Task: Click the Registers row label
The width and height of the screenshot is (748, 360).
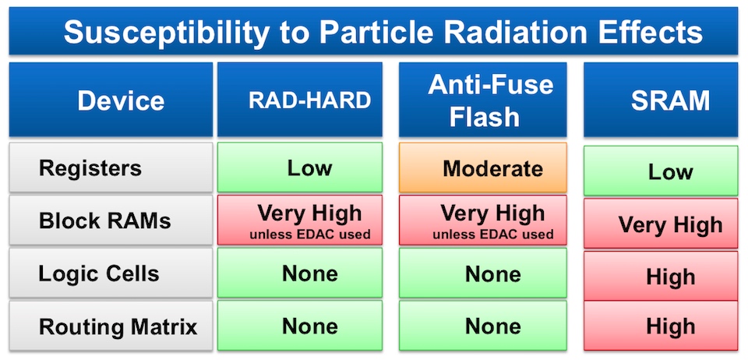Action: [111, 168]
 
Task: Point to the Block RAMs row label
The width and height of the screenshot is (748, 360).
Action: [111, 220]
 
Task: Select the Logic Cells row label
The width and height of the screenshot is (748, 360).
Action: [111, 274]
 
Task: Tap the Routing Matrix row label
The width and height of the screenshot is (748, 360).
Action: [111, 326]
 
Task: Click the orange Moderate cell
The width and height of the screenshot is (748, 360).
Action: [483, 168]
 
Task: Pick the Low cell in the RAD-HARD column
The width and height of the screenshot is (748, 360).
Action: [299, 168]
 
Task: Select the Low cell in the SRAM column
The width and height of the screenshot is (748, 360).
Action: [661, 171]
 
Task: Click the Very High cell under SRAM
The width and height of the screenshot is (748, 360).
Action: [661, 223]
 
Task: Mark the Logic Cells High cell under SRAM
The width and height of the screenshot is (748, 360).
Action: [661, 276]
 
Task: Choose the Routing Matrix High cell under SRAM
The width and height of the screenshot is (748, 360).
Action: [661, 326]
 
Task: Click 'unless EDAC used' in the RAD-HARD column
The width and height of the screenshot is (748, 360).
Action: [309, 234]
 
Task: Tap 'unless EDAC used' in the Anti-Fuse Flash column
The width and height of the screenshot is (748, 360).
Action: [492, 234]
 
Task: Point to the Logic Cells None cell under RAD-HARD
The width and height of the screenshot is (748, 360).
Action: [299, 274]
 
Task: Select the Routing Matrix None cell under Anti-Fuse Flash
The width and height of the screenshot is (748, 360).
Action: [483, 326]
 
